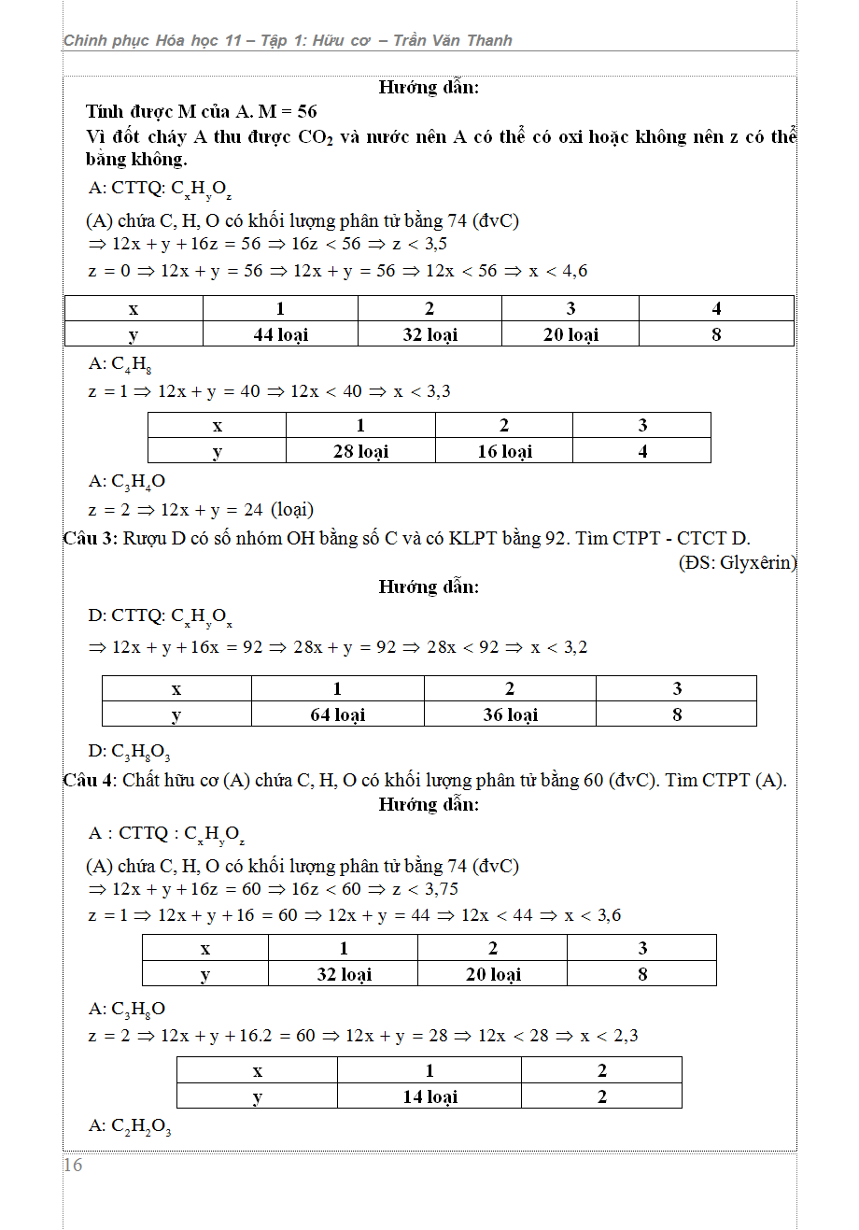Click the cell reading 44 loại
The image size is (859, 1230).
tap(280, 334)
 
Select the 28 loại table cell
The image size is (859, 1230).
tap(360, 451)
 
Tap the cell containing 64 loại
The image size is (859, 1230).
tap(337, 714)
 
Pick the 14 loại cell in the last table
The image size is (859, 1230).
tap(429, 1096)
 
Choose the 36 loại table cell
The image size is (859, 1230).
tap(510, 714)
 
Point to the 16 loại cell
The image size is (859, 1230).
tap(504, 451)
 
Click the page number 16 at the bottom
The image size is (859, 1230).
tap(73, 1165)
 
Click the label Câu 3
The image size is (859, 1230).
tap(90, 539)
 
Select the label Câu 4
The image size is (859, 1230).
tap(90, 781)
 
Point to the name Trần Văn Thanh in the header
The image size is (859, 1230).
tap(453, 40)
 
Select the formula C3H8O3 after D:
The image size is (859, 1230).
tap(141, 752)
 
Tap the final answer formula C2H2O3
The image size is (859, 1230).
tap(141, 1127)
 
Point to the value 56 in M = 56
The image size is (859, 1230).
tap(306, 111)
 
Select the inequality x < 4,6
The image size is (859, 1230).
tap(558, 271)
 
